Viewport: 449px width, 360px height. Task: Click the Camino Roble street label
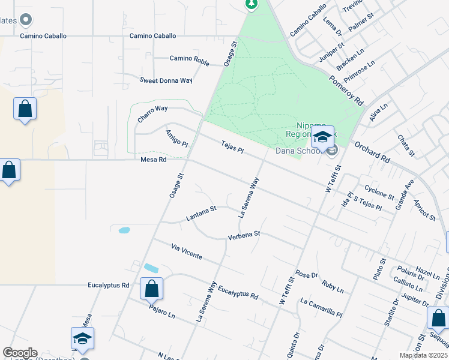click(x=189, y=58)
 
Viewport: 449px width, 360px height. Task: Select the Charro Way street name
click(x=152, y=113)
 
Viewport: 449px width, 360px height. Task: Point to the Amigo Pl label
click(x=177, y=139)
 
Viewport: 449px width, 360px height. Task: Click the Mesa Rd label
click(x=152, y=160)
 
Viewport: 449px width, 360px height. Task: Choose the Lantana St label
click(x=201, y=210)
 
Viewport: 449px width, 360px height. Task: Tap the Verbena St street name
click(x=244, y=236)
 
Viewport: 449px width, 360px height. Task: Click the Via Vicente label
click(x=185, y=251)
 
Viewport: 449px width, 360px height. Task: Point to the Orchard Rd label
click(x=372, y=152)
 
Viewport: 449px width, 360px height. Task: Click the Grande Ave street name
click(x=404, y=193)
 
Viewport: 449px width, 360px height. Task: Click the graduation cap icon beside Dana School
click(x=322, y=137)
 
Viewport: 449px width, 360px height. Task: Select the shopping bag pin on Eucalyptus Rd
click(x=151, y=289)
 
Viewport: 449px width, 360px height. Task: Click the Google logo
click(x=20, y=353)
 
